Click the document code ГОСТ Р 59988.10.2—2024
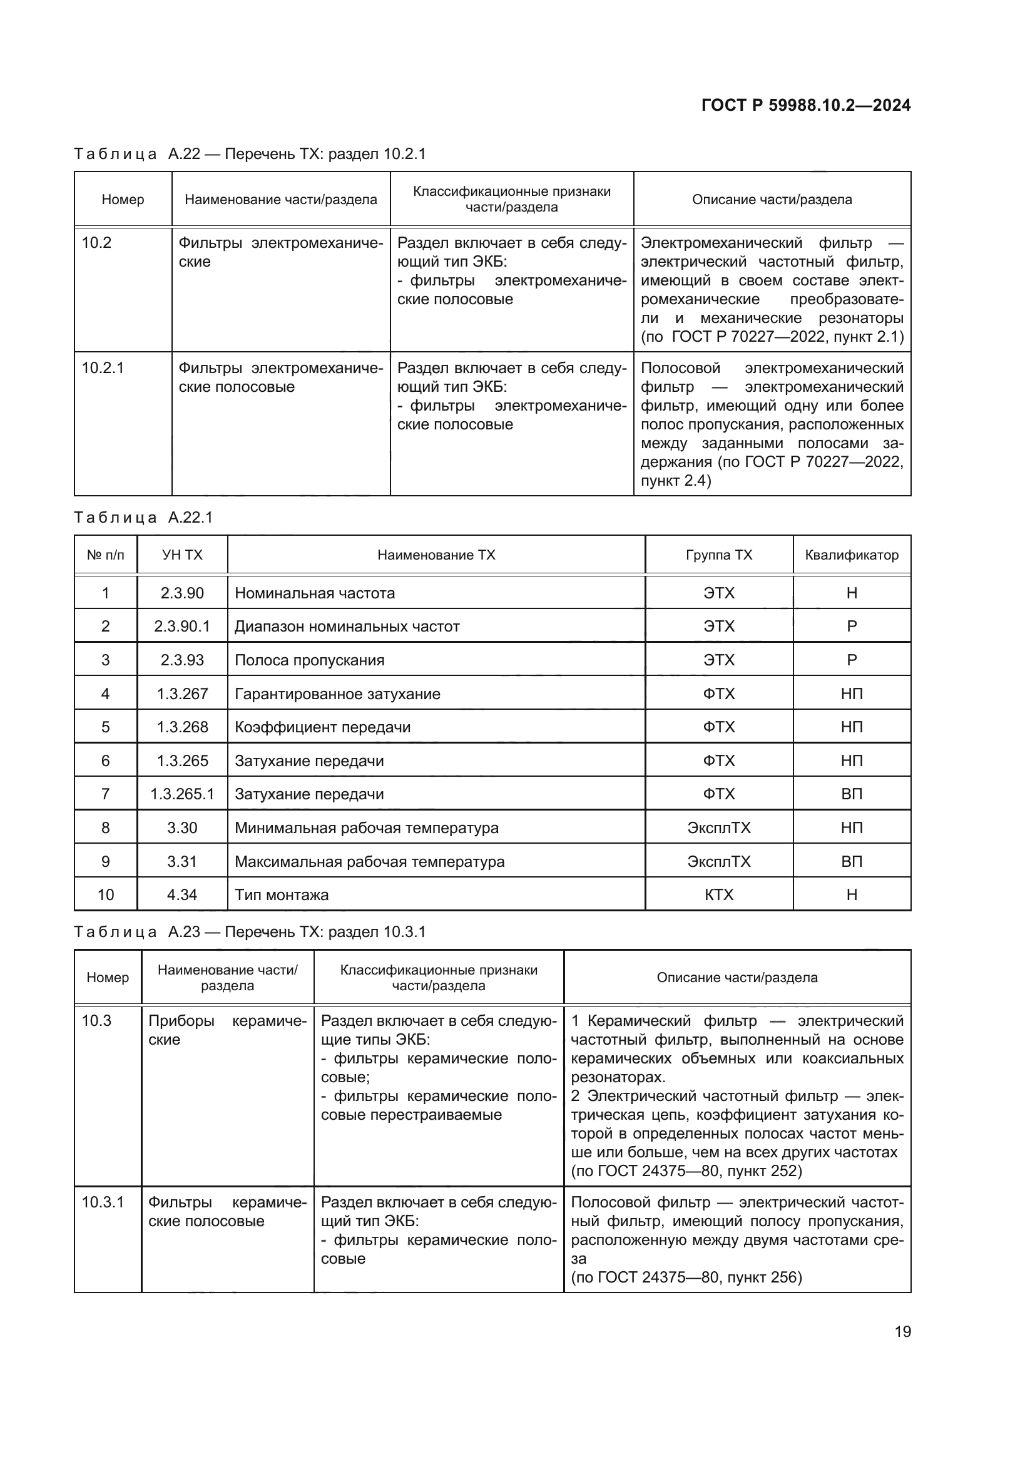tap(805, 105)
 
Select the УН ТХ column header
tap(182, 555)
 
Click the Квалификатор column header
tap(852, 555)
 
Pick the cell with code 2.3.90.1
tap(182, 626)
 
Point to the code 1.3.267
tap(182, 694)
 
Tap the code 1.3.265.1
tap(182, 794)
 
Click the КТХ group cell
tap(719, 894)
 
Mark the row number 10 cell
tap(106, 894)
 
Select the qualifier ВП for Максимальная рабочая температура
tap(852, 861)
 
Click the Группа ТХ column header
tap(719, 555)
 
